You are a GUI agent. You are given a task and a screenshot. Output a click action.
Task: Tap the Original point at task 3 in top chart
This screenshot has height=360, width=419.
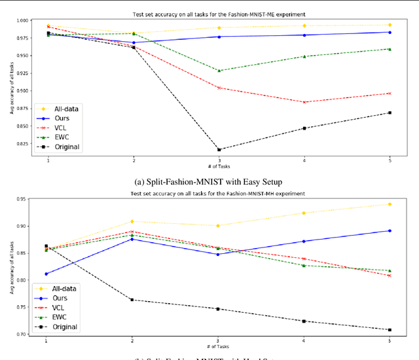219,149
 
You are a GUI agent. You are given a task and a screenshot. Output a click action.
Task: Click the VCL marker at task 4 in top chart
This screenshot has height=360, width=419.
304,102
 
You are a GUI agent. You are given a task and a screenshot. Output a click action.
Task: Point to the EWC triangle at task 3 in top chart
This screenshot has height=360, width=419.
219,71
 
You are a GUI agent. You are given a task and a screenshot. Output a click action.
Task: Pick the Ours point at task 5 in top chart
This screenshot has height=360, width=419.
390,32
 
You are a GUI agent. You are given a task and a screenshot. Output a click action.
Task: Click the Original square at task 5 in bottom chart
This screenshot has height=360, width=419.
390,330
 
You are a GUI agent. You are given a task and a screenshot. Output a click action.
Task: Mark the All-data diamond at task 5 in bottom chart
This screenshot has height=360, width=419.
390,204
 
